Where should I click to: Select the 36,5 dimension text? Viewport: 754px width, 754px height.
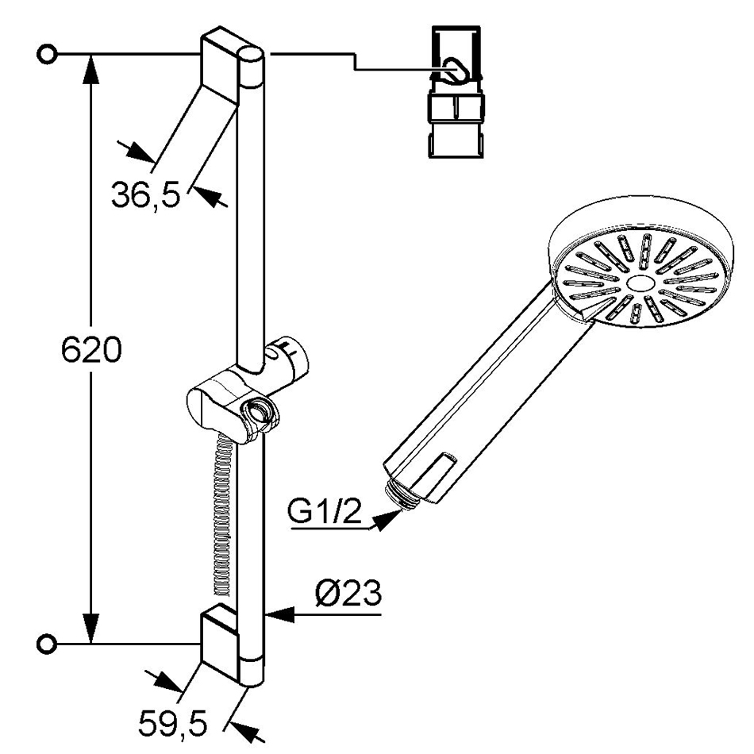[x=146, y=194]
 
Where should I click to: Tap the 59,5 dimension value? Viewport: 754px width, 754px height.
[x=173, y=723]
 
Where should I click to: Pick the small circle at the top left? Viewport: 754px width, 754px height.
[x=47, y=54]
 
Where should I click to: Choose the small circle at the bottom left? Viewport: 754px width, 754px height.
[x=47, y=644]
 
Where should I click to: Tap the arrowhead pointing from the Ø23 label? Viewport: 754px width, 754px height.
[x=280, y=614]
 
